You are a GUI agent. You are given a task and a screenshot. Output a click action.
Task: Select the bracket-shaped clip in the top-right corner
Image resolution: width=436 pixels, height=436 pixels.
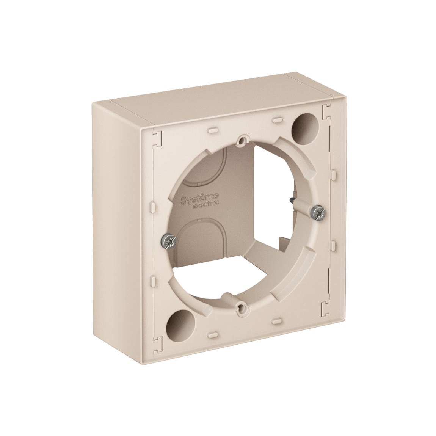coord(324,111)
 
